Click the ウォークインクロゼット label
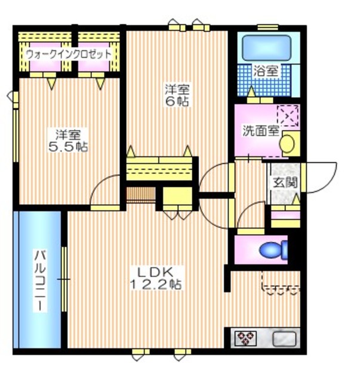pos(68,54)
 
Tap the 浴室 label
pos(266,70)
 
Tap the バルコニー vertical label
pos(39,279)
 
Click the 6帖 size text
pos(177,101)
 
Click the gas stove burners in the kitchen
pos(245,339)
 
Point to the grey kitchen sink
pos(284,339)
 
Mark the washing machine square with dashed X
pos(288,115)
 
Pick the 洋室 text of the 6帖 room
pos(177,89)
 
